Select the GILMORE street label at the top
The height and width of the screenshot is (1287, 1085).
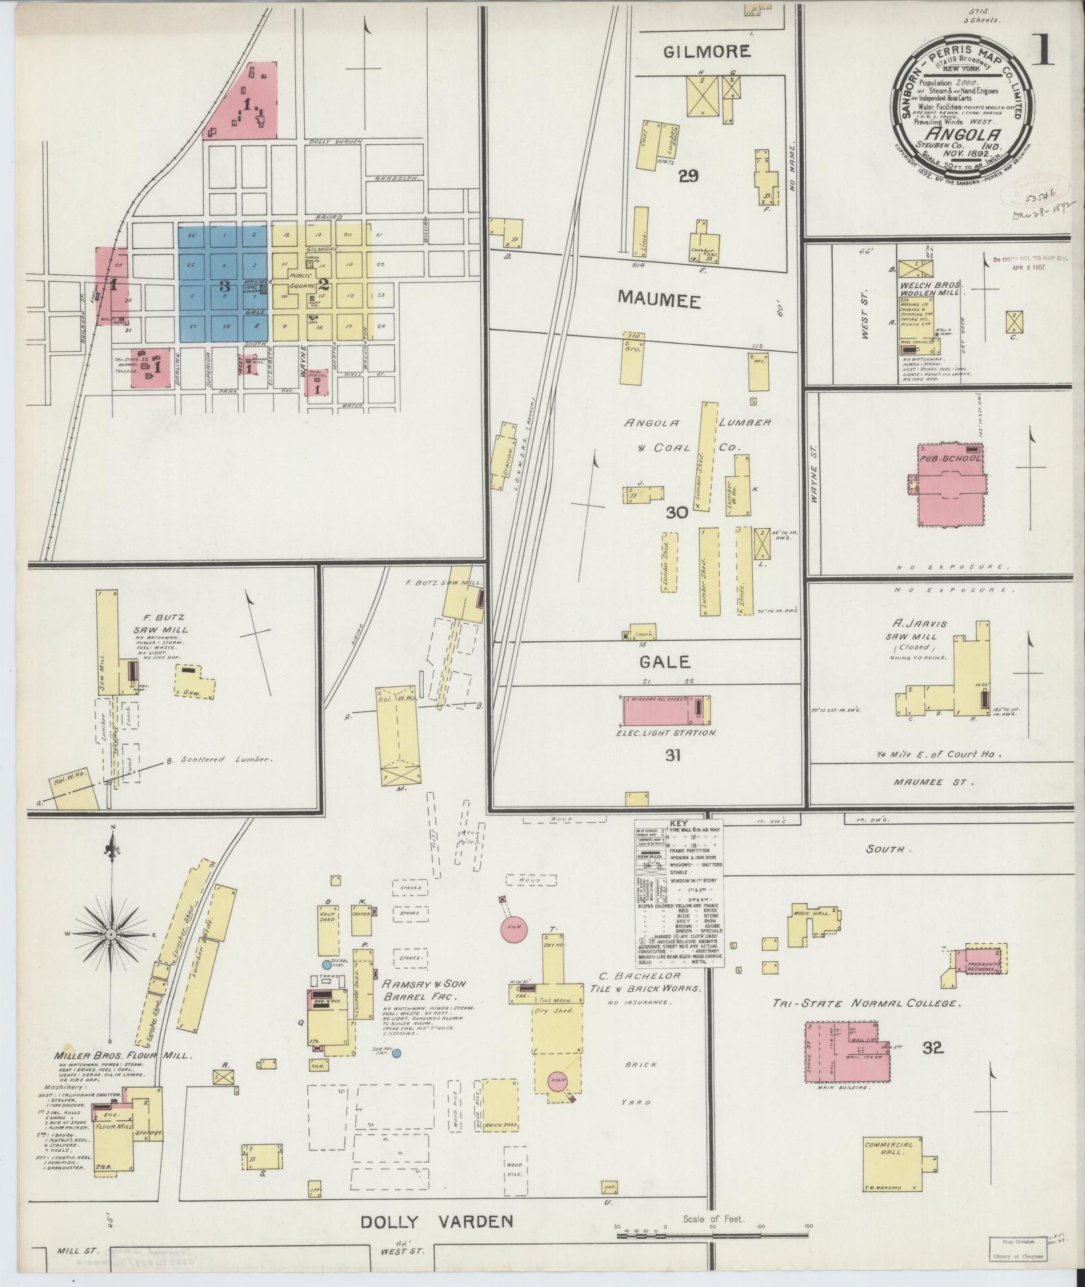(707, 52)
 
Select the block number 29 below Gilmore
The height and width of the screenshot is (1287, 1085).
(689, 176)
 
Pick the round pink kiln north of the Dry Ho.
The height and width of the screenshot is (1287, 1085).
(514, 928)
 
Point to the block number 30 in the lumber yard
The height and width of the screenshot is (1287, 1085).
(676, 513)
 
